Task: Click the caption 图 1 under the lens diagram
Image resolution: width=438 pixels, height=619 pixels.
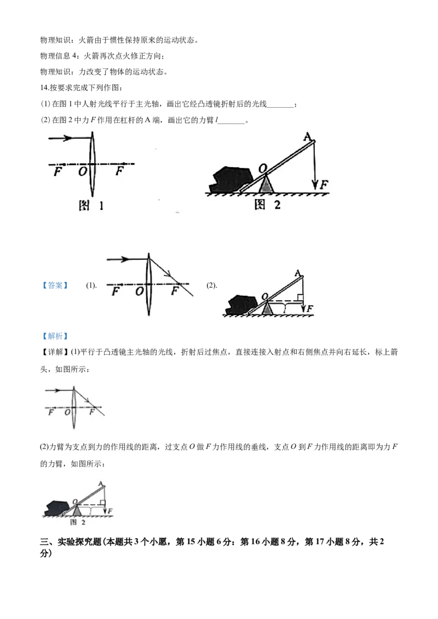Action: point(91,205)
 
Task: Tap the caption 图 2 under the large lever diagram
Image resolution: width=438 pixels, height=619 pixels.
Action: point(267,205)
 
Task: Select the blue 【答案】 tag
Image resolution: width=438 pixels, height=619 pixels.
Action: point(55,285)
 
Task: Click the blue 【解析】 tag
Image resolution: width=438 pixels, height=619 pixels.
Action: point(55,336)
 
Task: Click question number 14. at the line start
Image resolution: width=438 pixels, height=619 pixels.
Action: point(45,87)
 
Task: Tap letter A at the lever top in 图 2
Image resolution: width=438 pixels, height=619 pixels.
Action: point(307,137)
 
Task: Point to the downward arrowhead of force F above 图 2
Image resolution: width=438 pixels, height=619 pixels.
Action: point(315,185)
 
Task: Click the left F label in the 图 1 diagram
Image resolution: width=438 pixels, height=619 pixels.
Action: point(57,172)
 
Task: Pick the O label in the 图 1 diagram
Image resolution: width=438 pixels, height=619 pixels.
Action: point(82,171)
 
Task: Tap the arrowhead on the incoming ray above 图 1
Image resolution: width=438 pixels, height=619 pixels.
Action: point(68,138)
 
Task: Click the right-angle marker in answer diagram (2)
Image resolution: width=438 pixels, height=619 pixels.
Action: point(301,297)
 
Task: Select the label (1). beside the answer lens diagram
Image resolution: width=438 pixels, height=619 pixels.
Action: point(91,285)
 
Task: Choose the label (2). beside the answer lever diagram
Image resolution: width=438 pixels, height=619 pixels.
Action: point(212,285)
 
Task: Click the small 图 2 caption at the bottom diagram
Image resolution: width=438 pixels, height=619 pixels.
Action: point(78,522)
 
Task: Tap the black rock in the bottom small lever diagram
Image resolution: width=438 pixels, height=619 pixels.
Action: point(55,508)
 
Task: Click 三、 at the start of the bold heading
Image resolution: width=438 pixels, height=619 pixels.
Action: point(48,541)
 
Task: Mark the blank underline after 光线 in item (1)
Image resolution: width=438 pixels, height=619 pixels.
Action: point(281,106)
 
